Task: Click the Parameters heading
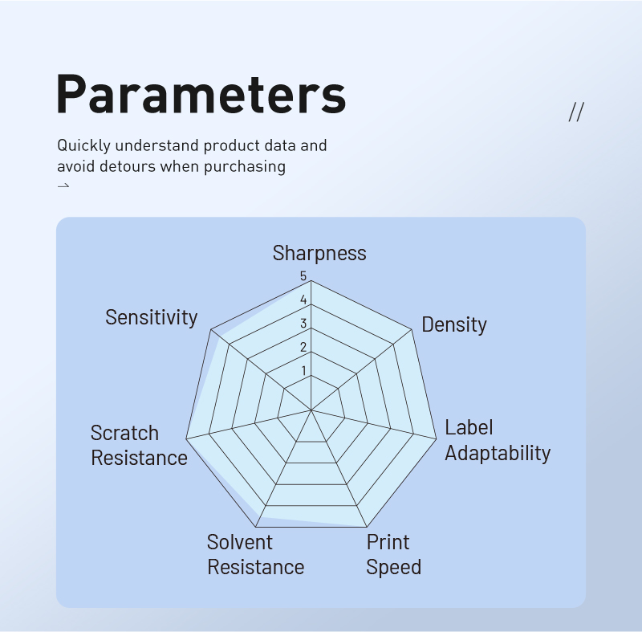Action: (x=201, y=94)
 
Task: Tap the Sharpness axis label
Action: (x=319, y=253)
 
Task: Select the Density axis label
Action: (x=454, y=324)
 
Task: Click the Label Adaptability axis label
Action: (x=498, y=440)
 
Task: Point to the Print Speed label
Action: (x=393, y=555)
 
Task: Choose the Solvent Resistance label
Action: (x=255, y=555)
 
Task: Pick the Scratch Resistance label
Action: (x=139, y=445)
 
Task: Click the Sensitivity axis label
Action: (x=152, y=317)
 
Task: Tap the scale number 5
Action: (x=303, y=276)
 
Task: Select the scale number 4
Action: (x=303, y=300)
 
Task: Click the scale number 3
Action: (x=303, y=324)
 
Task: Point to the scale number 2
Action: (x=303, y=348)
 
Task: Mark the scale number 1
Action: (x=303, y=371)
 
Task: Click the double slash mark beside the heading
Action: (x=576, y=112)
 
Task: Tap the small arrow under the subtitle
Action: (x=63, y=186)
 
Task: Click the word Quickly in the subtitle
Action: (x=84, y=146)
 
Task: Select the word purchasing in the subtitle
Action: (x=245, y=167)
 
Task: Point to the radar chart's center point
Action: (x=311, y=410)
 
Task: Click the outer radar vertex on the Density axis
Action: (x=412, y=329)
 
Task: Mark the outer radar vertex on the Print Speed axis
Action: (x=367, y=527)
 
